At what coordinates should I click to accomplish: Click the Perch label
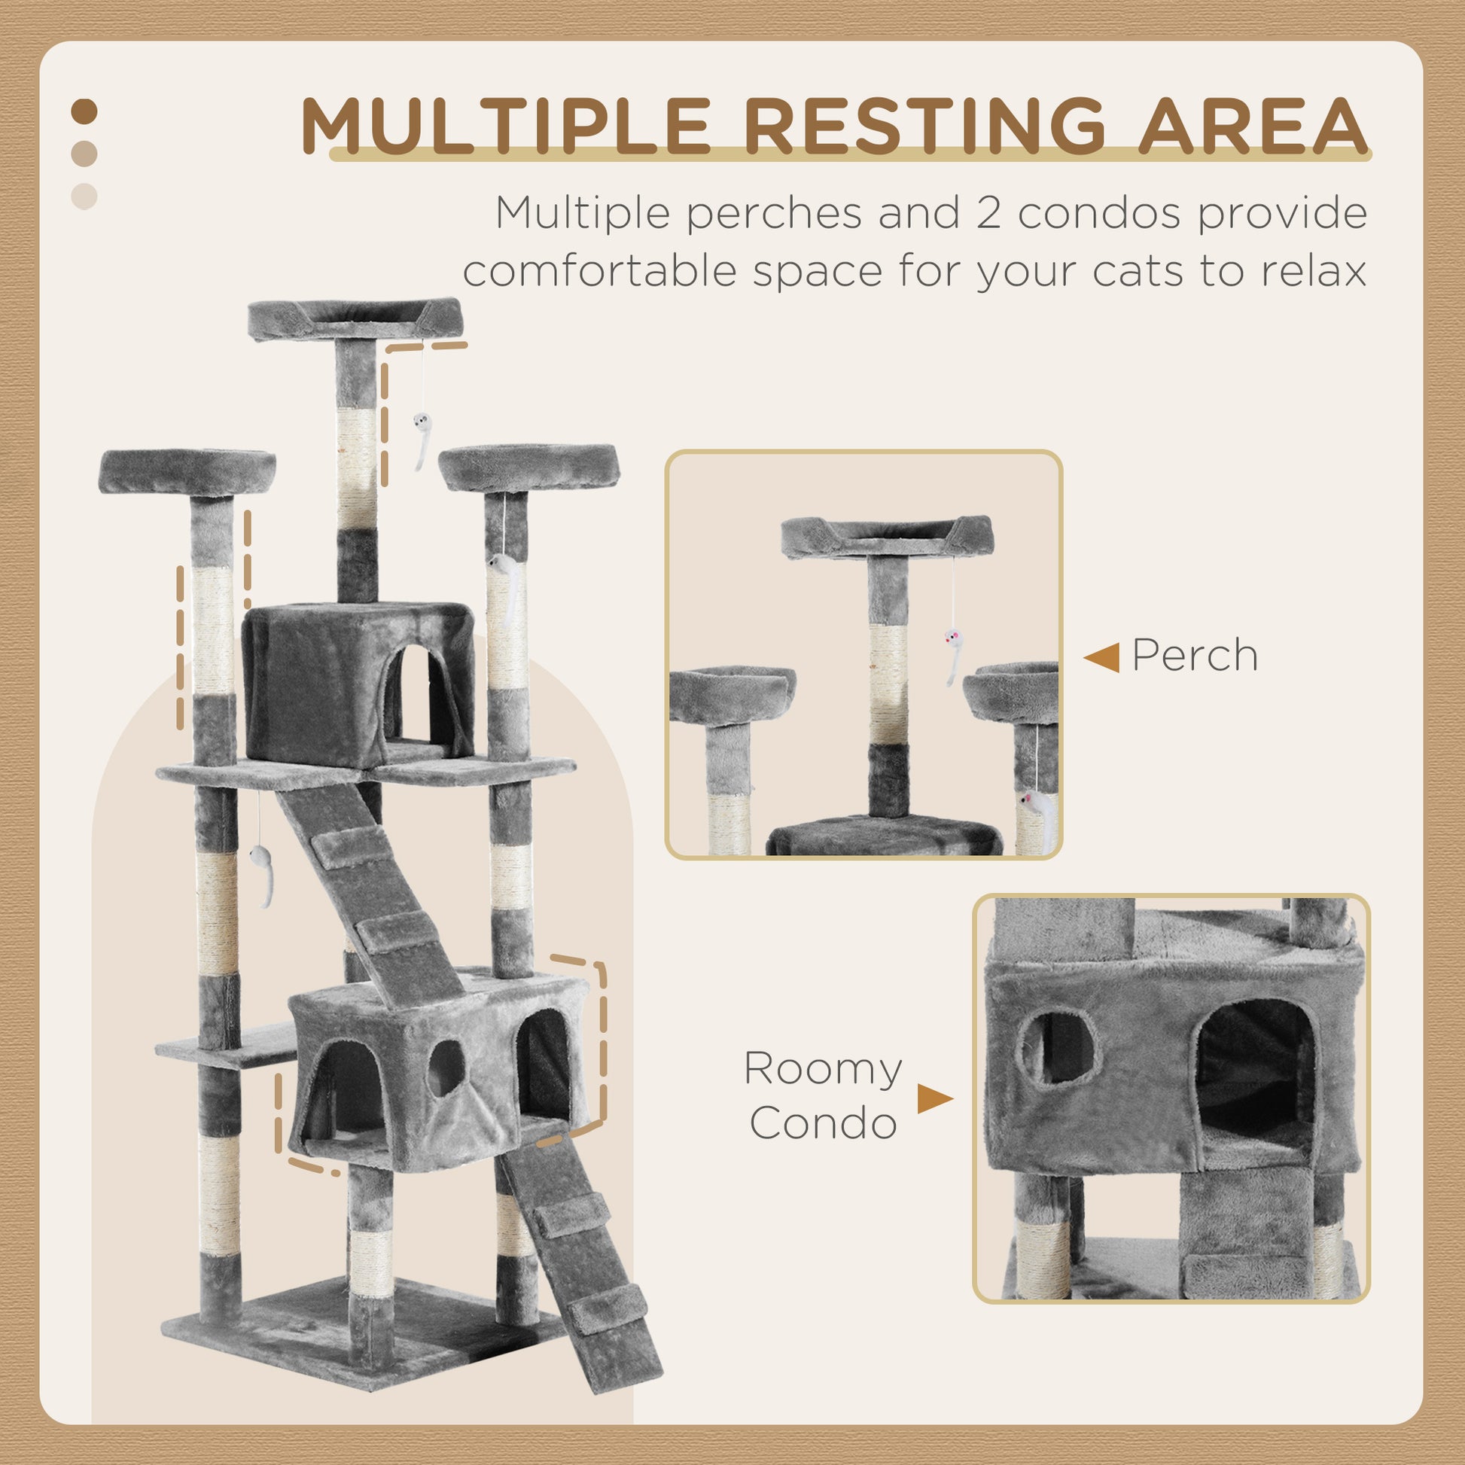(x=1194, y=655)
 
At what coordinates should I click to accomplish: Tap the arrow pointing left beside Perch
(x=1101, y=656)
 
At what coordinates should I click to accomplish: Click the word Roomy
(x=823, y=1069)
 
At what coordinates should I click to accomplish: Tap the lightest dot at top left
(x=84, y=196)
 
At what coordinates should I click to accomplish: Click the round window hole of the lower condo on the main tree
(x=446, y=1068)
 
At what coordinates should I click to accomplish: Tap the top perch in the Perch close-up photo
(x=885, y=537)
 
